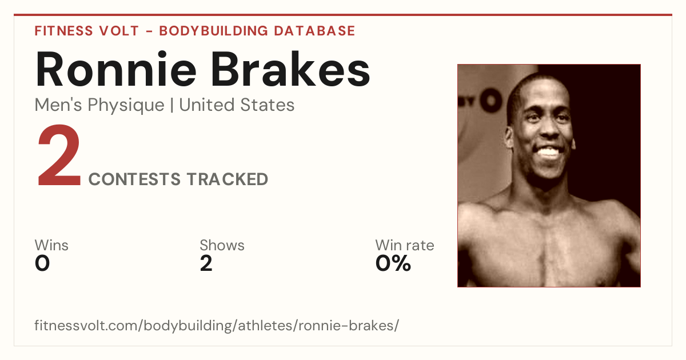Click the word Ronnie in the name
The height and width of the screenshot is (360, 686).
pos(115,69)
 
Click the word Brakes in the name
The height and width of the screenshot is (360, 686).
pos(290,69)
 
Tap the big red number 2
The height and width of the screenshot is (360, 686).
pos(59,155)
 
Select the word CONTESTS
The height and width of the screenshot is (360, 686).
pos(134,179)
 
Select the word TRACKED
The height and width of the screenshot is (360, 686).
pos(228,179)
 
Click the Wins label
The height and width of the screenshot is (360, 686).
pos(51,245)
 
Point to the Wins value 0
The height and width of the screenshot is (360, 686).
pos(42,263)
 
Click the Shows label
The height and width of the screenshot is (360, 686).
pos(222,245)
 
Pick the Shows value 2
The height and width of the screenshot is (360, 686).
pos(206,263)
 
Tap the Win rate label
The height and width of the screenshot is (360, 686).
pos(405,245)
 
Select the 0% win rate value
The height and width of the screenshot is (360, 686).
pos(393,263)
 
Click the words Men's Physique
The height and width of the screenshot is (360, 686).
pos(99,105)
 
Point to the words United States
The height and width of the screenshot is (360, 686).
pos(237,105)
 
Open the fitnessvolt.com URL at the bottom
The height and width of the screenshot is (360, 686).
pos(217,325)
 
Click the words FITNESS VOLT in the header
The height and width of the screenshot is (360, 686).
pos(87,31)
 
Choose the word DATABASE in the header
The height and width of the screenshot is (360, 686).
pos(314,31)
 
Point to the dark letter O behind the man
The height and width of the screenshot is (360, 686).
pos(491,100)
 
